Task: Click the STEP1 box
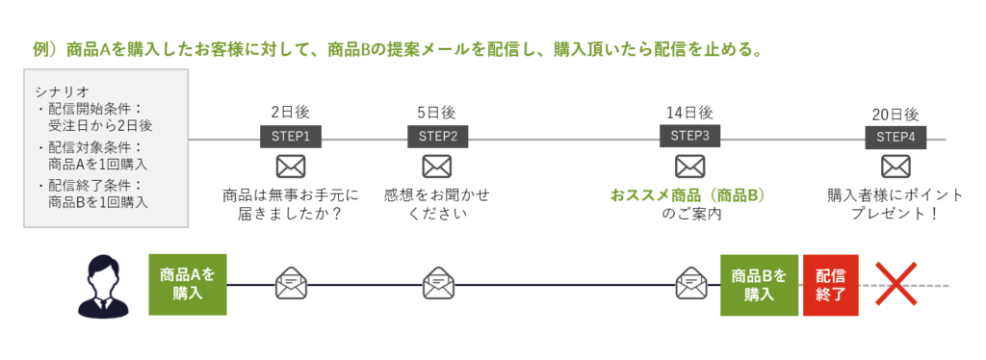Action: tap(291, 137)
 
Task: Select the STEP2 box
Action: tap(438, 137)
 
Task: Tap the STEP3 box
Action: tap(689, 136)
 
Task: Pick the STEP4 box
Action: tap(895, 138)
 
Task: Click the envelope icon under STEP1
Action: tap(291, 167)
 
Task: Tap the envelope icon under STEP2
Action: tap(437, 167)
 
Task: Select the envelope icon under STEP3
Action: tap(689, 167)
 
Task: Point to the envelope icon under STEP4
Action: tap(895, 167)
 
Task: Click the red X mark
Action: tap(896, 284)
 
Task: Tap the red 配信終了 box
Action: tap(830, 285)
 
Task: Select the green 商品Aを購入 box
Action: tap(188, 285)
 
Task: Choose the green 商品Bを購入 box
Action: tap(759, 285)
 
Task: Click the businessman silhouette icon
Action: tap(102, 286)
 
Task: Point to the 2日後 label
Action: tap(291, 113)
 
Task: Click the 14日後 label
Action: tap(689, 113)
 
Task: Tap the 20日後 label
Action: tap(895, 115)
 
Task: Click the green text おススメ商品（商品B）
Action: tap(689, 195)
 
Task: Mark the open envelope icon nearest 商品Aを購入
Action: tap(291, 283)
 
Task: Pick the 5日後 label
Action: tap(437, 113)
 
